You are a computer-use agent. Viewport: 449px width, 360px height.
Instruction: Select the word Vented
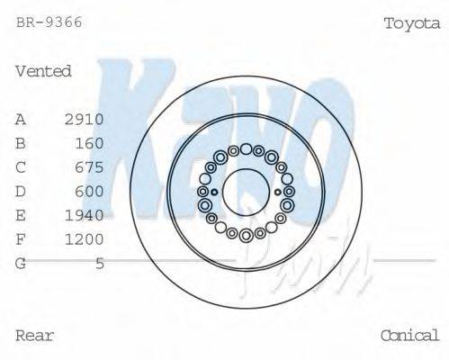tap(43, 71)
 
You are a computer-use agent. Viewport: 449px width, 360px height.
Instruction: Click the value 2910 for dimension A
tap(85, 119)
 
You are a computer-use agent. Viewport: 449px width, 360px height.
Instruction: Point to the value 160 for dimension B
tap(90, 143)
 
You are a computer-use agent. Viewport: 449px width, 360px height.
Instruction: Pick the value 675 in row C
tap(90, 167)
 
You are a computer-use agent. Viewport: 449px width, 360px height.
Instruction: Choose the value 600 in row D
tap(90, 191)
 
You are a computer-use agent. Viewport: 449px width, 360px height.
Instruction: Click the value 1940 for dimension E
tap(85, 215)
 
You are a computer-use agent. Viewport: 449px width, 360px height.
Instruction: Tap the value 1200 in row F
tap(85, 239)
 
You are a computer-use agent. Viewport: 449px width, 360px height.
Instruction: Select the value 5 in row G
tap(100, 264)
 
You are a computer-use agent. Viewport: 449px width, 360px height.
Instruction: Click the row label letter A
tap(21, 119)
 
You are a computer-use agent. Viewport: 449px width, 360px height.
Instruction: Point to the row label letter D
tap(21, 191)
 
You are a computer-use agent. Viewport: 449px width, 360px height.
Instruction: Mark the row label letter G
tap(21, 264)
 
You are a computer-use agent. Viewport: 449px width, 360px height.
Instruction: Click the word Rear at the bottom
tap(35, 336)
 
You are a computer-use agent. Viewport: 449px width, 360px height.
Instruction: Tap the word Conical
tap(409, 336)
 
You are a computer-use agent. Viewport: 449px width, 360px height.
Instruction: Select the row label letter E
tap(21, 215)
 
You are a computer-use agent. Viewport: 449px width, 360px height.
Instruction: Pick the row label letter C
tap(21, 167)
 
